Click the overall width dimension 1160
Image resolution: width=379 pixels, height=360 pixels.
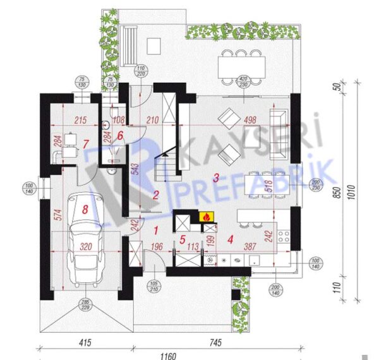[168, 356]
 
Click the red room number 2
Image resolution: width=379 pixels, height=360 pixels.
[155, 195]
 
